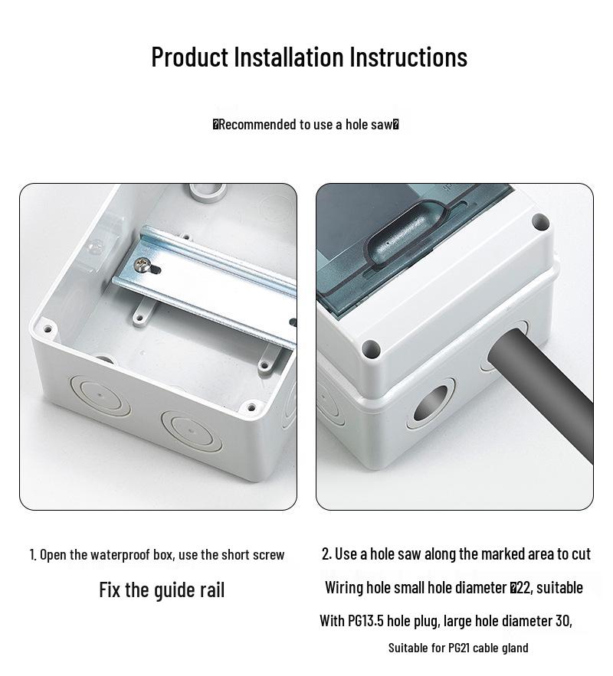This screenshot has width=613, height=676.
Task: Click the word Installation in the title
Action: tap(290, 57)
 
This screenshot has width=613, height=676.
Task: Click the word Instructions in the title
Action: tap(409, 57)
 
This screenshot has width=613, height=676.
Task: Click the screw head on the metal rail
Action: tap(143, 265)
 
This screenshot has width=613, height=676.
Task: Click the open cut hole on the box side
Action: tap(431, 404)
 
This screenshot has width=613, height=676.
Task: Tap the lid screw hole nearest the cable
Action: tap(371, 348)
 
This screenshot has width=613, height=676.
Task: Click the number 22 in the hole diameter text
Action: tap(523, 588)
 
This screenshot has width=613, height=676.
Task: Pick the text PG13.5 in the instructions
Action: tap(366, 621)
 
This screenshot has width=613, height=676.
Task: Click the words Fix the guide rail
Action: tap(162, 589)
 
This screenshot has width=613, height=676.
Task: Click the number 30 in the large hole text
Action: tap(563, 621)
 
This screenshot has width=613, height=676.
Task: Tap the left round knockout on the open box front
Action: tap(100, 395)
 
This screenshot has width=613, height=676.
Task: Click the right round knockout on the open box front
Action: tap(192, 430)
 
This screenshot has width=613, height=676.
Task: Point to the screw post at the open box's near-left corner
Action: tap(48, 330)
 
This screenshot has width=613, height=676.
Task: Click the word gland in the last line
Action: tap(516, 648)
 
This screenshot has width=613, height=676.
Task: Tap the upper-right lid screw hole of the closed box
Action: tap(540, 223)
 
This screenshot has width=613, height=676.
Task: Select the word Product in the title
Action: tap(190, 57)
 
